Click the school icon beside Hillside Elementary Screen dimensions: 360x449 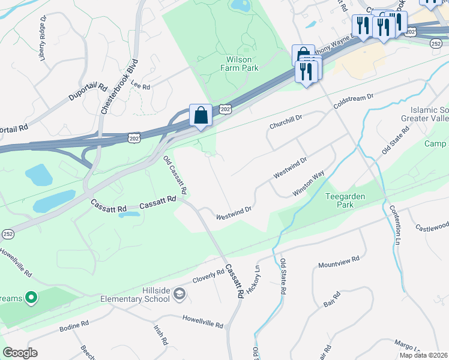pyautogui.click(x=180, y=293)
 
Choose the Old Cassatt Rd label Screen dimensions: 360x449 pyautogui.click(x=175, y=175)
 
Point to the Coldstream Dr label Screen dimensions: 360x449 pyautogui.click(x=354, y=100)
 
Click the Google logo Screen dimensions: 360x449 pyautogui.click(x=20, y=353)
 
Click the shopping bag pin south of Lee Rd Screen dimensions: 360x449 pyautogui.click(x=200, y=115)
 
